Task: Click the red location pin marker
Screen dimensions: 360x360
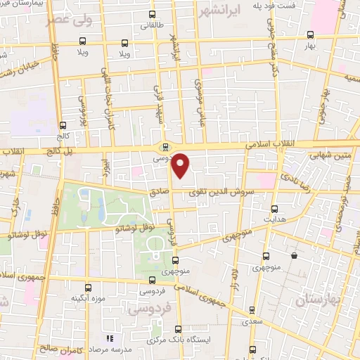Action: [181, 165]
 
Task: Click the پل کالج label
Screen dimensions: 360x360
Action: [46, 152]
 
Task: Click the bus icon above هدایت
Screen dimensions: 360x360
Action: [274, 209]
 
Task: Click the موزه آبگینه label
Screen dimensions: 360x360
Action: [88, 298]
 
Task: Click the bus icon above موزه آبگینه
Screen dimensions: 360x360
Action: [89, 287]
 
